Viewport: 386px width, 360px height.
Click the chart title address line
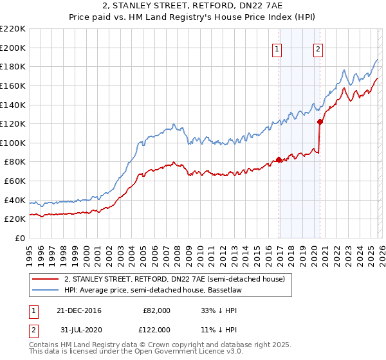click(x=192, y=6)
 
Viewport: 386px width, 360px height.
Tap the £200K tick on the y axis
click(x=13, y=48)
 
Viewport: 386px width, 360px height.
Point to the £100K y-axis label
click(x=13, y=143)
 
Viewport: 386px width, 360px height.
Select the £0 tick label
click(x=21, y=238)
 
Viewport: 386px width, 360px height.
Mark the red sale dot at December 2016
click(x=279, y=159)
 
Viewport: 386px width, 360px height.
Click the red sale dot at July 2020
click(x=320, y=121)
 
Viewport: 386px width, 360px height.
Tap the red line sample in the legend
click(x=44, y=278)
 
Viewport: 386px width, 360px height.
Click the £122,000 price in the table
click(x=157, y=329)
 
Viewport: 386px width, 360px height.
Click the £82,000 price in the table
click(x=157, y=310)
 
